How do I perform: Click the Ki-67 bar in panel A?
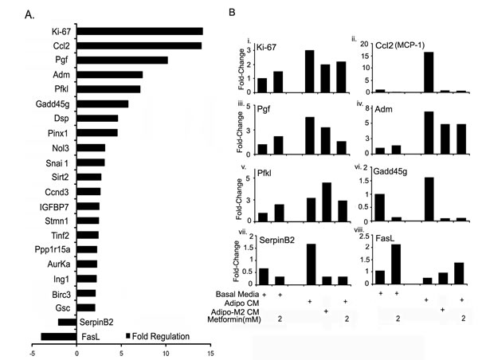(139, 31)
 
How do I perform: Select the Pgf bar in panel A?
(122, 60)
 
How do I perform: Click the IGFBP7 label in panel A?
(56, 206)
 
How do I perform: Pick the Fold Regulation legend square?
(128, 337)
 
